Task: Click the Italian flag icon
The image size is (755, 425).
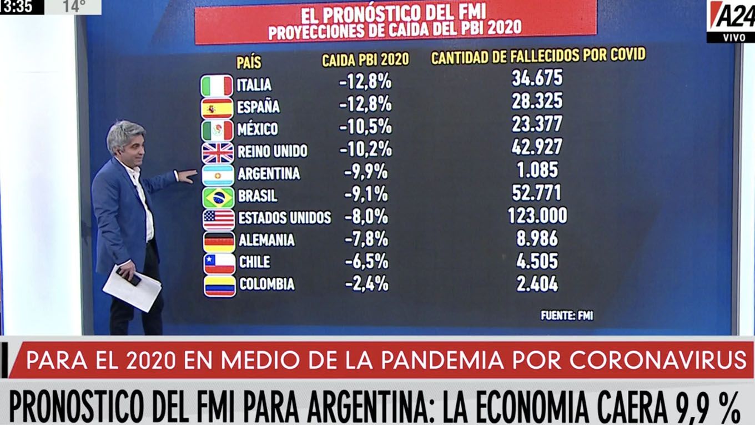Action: click(217, 86)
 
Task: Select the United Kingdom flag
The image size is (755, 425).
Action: click(218, 152)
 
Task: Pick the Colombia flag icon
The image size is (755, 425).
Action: click(219, 286)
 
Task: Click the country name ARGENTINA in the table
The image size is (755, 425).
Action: click(269, 173)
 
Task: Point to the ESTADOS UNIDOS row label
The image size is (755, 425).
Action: click(284, 217)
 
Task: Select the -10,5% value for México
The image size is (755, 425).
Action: click(365, 127)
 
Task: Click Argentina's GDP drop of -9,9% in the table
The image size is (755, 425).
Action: click(365, 172)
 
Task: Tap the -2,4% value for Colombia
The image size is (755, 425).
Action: click(366, 284)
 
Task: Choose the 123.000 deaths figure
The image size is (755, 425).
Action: click(537, 216)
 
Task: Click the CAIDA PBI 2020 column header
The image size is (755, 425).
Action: click(365, 59)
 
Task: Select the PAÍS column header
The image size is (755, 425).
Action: click(249, 62)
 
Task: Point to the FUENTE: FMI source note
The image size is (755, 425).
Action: click(567, 316)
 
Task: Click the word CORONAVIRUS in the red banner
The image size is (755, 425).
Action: click(658, 361)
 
